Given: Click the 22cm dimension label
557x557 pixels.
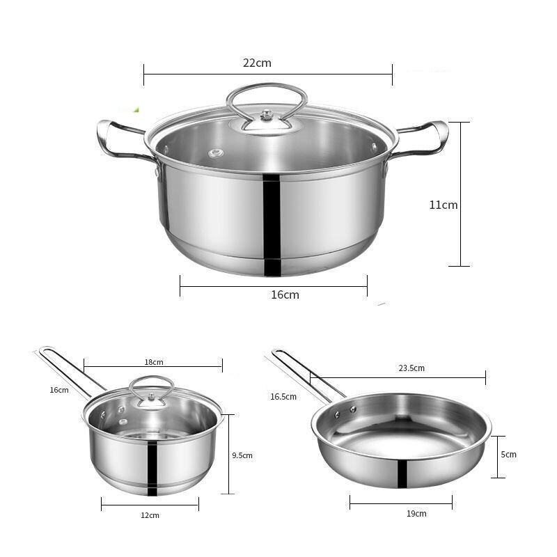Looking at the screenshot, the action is tap(257, 63).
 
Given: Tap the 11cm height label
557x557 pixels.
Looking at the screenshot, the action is tap(444, 205).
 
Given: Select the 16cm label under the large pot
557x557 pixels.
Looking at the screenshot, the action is tap(285, 295).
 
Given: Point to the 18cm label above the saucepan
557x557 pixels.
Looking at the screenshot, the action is tap(154, 362).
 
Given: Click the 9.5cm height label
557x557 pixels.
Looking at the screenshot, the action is tap(242, 455).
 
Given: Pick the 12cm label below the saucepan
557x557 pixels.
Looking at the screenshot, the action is tap(150, 515).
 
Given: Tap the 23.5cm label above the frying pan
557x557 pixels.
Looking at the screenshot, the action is tap(411, 368).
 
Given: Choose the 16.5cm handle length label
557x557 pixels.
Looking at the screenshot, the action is tap(283, 396).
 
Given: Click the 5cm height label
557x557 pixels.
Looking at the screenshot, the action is tap(509, 455).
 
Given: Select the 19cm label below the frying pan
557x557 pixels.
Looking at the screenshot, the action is tap(416, 513).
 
